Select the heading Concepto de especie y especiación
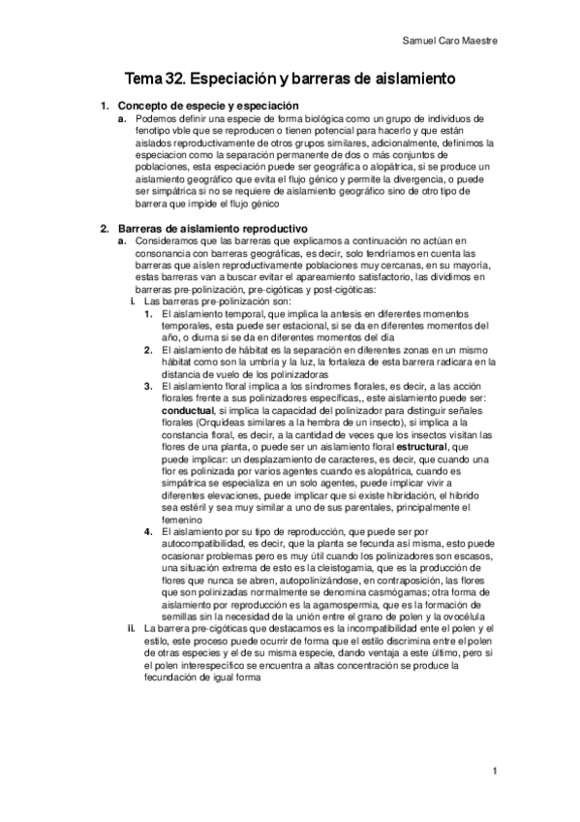coord(207,105)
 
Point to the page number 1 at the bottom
coord(494,772)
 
